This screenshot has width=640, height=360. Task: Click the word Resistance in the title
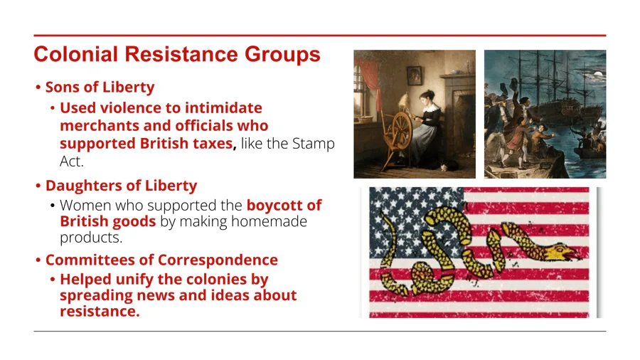181,54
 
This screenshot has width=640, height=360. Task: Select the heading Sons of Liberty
100,87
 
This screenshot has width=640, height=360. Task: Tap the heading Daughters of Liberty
121,185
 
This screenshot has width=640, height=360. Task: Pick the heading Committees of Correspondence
161,260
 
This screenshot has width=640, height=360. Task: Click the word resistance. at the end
100,312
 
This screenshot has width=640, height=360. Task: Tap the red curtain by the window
368,80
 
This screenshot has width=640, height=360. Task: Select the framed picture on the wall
415,75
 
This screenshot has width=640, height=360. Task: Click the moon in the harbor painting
597,75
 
